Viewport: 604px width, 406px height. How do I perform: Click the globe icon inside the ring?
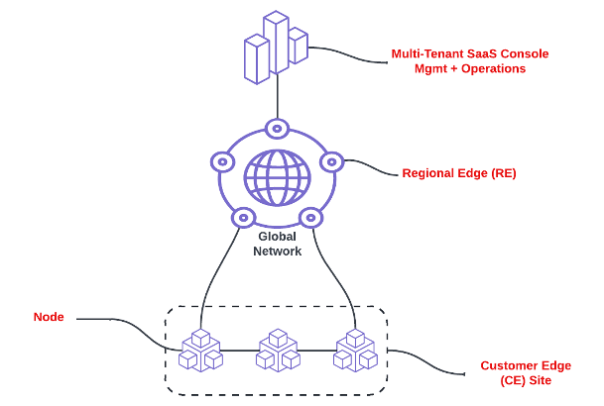click(x=277, y=177)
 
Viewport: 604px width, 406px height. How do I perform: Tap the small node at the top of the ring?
click(x=277, y=128)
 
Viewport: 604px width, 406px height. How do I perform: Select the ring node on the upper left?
click(x=222, y=160)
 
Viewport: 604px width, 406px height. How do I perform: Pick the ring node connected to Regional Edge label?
click(x=331, y=160)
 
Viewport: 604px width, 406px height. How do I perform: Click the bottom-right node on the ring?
click(x=311, y=217)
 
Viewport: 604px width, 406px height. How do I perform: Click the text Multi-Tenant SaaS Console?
click(x=470, y=53)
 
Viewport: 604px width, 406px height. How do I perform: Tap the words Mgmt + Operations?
click(x=470, y=69)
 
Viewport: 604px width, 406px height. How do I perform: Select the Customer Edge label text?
click(x=526, y=365)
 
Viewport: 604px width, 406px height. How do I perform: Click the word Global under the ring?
click(x=277, y=237)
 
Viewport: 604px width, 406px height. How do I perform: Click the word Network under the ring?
click(x=277, y=252)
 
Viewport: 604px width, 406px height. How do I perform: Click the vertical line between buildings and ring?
click(x=277, y=99)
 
